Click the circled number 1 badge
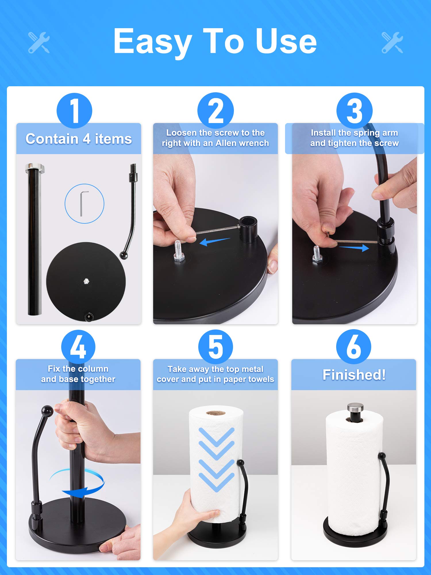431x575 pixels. click(74, 111)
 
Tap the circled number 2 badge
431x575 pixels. click(215, 110)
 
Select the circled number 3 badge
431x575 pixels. click(355, 111)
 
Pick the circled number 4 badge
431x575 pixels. click(78, 347)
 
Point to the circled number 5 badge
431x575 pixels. click(215, 347)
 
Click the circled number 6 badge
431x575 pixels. click(354, 347)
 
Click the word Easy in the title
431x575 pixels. click(152, 42)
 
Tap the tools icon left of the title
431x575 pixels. click(39, 43)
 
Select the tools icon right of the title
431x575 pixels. click(392, 43)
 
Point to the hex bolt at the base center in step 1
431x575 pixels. click(86, 281)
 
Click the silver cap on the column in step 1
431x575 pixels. click(35, 168)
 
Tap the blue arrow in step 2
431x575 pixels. click(215, 241)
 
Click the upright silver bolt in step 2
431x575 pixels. click(178, 251)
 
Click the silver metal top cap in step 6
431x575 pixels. click(355, 407)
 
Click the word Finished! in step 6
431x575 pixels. click(354, 375)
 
